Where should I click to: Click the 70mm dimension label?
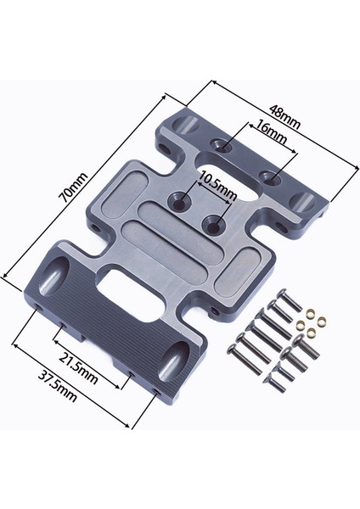click(x=73, y=188)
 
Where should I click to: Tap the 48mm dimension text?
click(x=284, y=116)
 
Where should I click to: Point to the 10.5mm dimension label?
click(x=217, y=187)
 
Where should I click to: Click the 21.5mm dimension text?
click(x=78, y=367)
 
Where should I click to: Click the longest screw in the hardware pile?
click(x=245, y=360)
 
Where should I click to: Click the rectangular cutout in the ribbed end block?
click(x=131, y=295)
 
